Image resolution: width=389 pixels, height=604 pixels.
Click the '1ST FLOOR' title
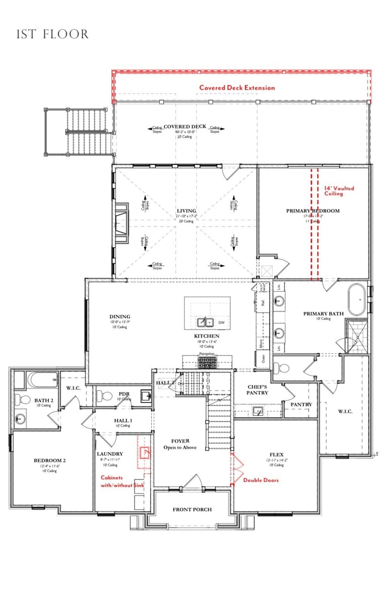point(53,35)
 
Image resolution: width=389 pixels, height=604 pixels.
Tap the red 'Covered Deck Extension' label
point(237,88)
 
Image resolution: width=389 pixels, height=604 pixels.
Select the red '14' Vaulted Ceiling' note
point(339,191)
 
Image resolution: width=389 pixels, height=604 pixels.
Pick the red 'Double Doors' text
point(261,480)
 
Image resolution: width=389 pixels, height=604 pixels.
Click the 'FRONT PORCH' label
point(193,510)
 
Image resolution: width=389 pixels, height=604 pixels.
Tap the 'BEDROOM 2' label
point(49,461)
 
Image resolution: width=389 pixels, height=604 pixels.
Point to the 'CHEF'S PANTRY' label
point(258,389)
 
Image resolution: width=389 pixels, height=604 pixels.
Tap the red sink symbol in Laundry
point(145,453)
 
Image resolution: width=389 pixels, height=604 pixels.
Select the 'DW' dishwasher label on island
point(221,322)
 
